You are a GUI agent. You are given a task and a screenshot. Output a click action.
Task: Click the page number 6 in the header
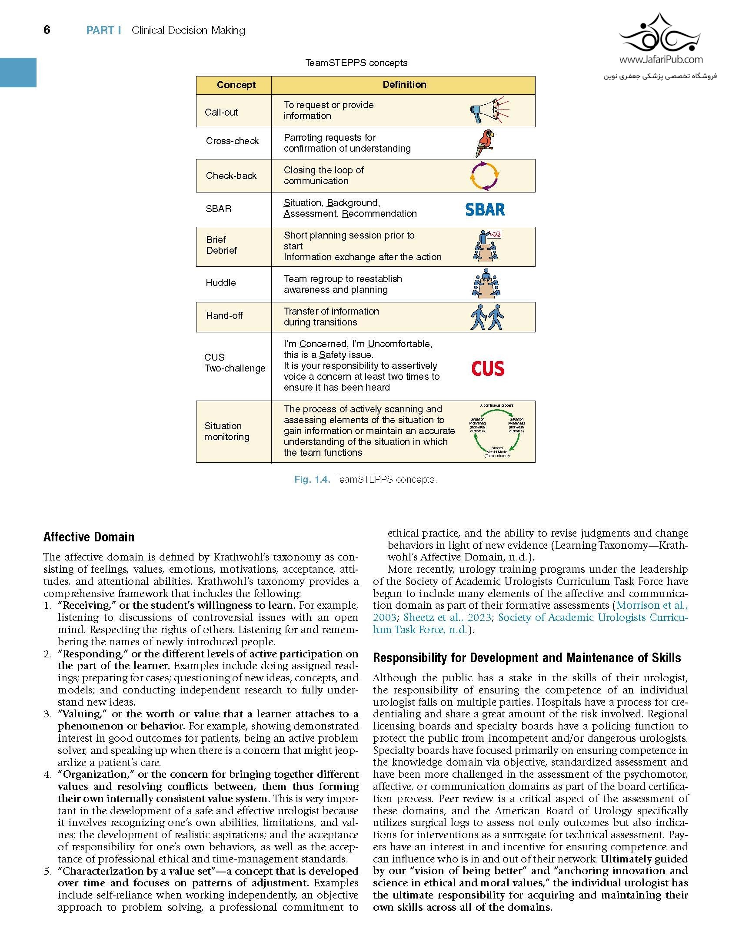[x=47, y=30]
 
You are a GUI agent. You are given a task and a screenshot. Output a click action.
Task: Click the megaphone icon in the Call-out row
[x=489, y=110]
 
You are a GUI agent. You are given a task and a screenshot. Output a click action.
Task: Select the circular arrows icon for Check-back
[x=485, y=176]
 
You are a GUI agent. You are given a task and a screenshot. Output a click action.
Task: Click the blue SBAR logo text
[x=485, y=209]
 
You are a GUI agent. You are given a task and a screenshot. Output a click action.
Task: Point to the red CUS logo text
[x=488, y=369]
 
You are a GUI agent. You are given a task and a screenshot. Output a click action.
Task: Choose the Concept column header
[x=236, y=85]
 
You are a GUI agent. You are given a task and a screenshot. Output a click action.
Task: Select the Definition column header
[x=404, y=85]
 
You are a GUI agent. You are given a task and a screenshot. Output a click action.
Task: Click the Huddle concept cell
[x=221, y=283]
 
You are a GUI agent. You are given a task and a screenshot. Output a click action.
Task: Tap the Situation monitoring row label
[x=226, y=431]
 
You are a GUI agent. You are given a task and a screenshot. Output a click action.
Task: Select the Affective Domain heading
[x=89, y=537]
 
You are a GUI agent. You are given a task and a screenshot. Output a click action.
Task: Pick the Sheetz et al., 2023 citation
[x=447, y=617]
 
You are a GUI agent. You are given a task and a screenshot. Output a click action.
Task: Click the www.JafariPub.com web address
[x=661, y=60]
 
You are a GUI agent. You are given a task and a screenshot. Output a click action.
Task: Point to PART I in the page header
[x=103, y=30]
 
